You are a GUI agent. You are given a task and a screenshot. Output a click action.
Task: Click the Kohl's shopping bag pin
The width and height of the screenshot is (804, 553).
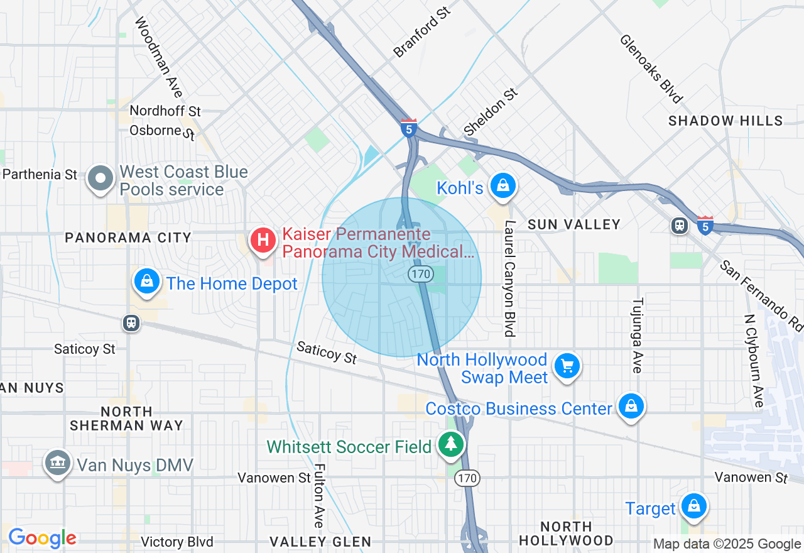503,186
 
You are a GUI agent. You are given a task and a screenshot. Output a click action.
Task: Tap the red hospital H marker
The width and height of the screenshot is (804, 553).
263,241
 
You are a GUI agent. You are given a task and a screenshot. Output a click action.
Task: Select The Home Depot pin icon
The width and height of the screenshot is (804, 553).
146,282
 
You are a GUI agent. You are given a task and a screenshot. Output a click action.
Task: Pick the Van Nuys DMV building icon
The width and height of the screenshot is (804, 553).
57,464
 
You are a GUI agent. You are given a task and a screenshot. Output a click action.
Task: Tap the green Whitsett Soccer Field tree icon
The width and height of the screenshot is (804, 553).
450,444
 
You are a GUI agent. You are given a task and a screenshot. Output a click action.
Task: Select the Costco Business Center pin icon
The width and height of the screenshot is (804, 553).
631,407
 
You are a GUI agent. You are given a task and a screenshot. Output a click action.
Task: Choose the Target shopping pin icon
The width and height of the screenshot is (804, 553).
694,506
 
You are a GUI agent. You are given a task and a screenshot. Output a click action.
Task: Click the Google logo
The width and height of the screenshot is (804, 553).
42,538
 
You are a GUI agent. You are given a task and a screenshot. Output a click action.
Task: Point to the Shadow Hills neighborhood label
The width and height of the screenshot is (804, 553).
725,121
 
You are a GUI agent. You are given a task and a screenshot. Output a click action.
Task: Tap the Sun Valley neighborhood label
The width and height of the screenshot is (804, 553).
574,224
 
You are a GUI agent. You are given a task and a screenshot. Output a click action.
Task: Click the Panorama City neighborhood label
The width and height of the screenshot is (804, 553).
128,238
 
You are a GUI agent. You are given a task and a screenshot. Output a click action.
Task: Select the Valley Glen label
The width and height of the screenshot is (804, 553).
320,541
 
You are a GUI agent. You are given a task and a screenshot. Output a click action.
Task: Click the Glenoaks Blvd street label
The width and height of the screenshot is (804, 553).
651,68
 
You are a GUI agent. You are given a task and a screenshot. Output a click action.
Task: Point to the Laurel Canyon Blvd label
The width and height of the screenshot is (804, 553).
509,278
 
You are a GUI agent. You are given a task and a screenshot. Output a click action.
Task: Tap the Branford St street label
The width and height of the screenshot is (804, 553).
422,32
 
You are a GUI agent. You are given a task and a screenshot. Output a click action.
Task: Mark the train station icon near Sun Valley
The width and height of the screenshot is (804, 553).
679,226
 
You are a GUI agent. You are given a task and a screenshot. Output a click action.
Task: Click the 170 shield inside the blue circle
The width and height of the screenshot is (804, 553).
420,273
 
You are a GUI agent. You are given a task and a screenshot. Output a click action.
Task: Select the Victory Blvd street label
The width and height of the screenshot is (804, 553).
177,542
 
